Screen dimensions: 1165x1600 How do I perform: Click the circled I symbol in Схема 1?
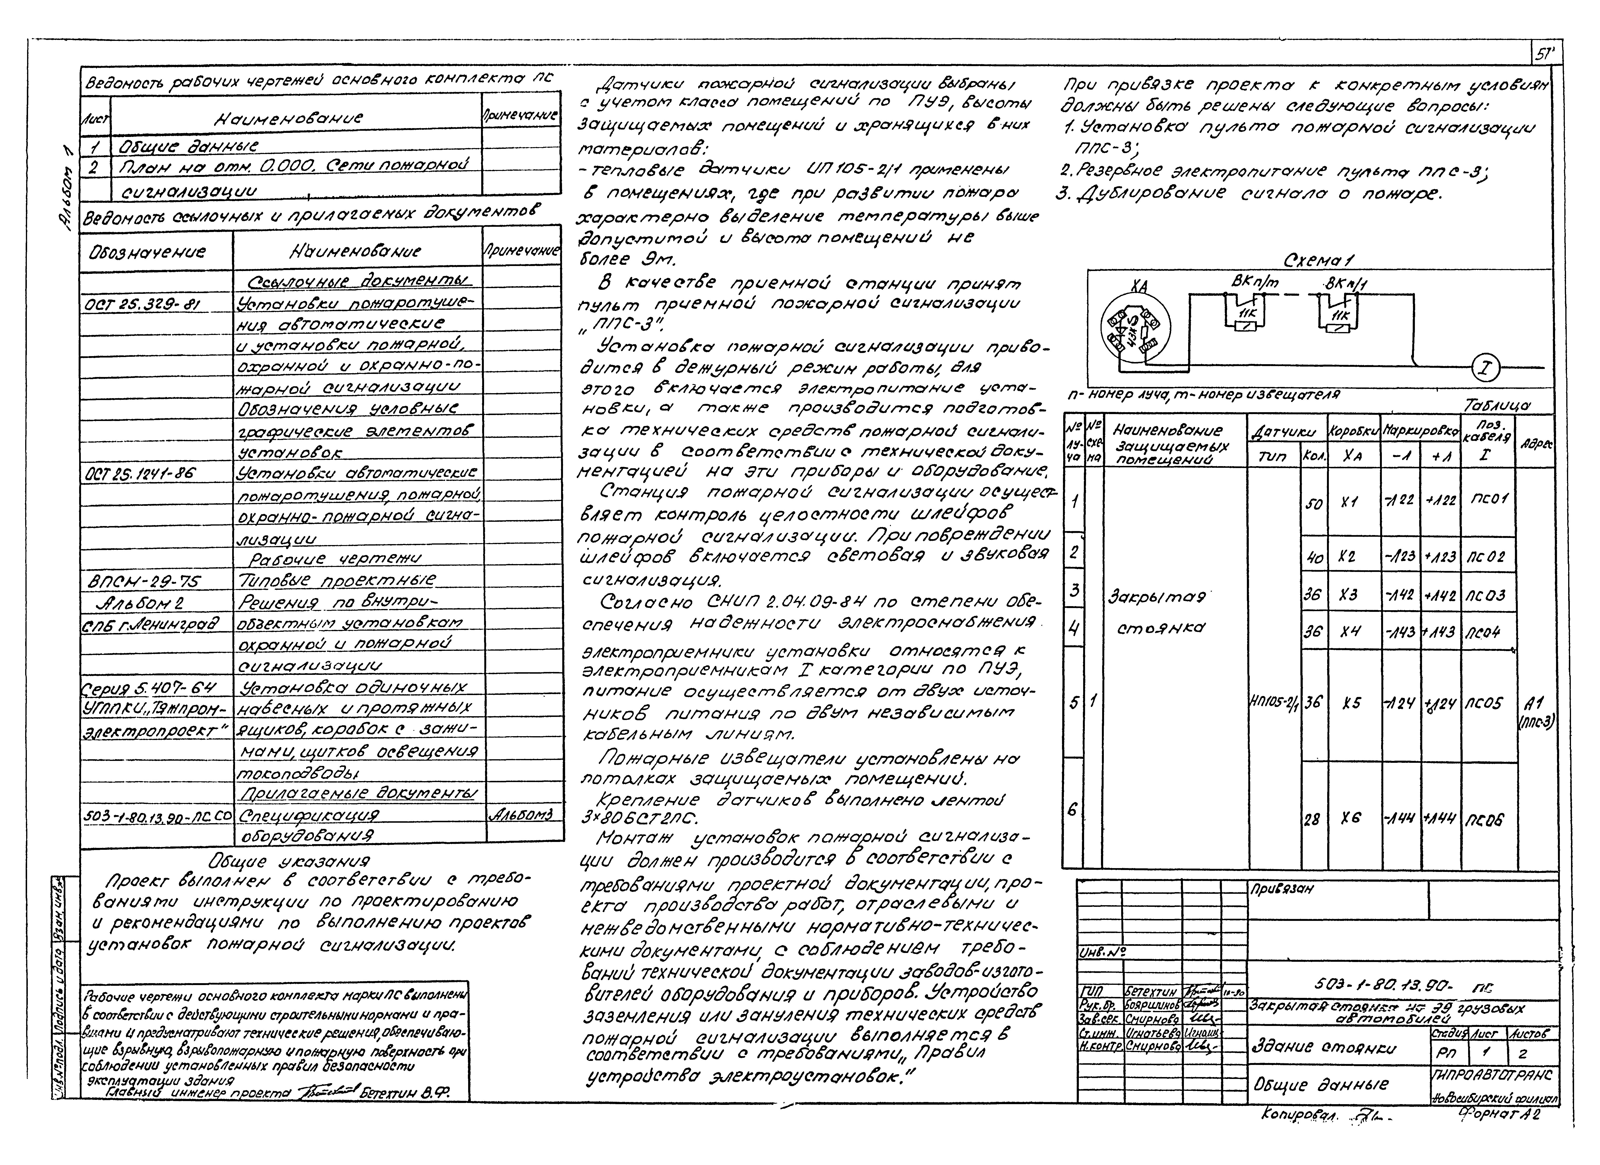point(1485,368)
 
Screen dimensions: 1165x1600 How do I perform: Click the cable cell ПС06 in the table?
point(1484,820)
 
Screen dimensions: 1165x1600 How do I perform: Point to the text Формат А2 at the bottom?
point(1499,1115)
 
